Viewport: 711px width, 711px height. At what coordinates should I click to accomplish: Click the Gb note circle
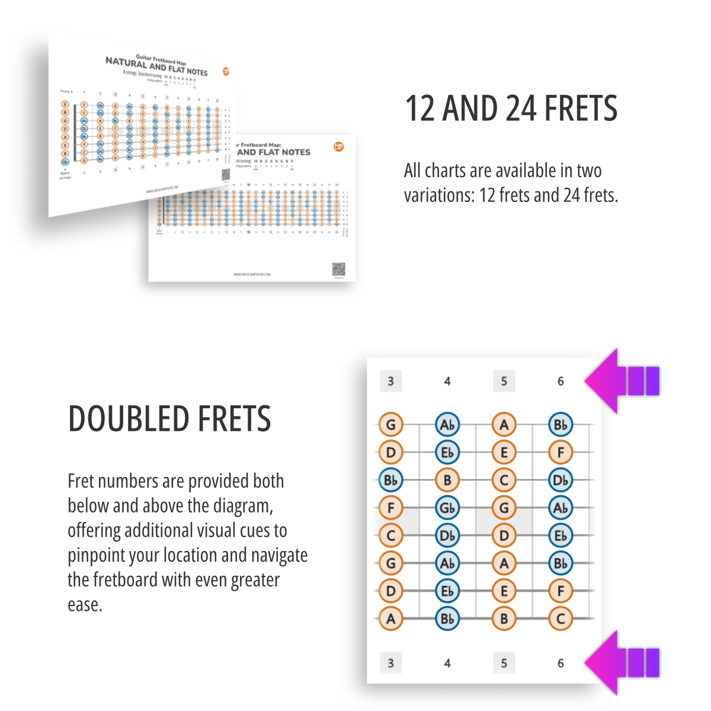click(x=447, y=508)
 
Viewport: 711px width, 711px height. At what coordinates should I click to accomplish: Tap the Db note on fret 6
click(x=561, y=480)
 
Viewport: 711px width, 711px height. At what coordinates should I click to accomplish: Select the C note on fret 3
click(x=390, y=536)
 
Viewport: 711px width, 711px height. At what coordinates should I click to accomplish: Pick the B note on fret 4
click(x=447, y=480)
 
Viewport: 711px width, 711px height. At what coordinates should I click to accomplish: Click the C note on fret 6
click(x=561, y=619)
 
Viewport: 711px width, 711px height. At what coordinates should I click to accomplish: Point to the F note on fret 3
click(x=390, y=508)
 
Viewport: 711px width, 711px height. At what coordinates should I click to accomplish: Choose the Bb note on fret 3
click(x=390, y=480)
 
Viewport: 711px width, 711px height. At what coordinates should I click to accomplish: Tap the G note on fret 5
click(x=504, y=508)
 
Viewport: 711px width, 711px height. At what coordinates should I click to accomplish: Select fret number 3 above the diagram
click(x=390, y=381)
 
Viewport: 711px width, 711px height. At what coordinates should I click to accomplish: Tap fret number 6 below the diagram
click(x=561, y=663)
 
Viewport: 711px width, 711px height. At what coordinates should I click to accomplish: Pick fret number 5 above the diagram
click(x=504, y=381)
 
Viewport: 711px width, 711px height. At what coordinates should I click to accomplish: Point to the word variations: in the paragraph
click(x=438, y=195)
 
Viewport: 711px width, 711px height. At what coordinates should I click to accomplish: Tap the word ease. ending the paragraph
click(x=85, y=605)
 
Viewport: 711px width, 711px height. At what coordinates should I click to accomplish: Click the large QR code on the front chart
click(x=338, y=269)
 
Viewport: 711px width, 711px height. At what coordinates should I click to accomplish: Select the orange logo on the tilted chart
click(x=226, y=71)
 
